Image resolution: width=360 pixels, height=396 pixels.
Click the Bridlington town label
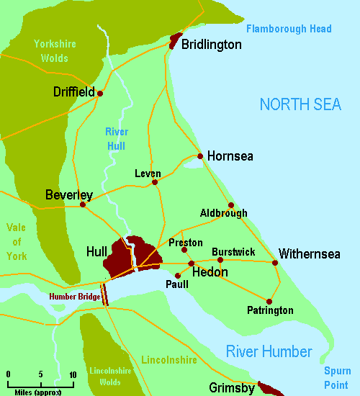pyautogui.click(x=211, y=45)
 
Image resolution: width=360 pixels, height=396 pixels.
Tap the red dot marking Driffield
pyautogui.click(x=100, y=93)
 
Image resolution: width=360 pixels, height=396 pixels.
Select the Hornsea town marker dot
pyautogui.click(x=199, y=156)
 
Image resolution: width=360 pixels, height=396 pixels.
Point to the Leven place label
pyautogui.click(x=148, y=174)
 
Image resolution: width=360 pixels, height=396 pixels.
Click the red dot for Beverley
pyautogui.click(x=83, y=204)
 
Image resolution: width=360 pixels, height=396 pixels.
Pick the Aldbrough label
pyautogui.click(x=224, y=213)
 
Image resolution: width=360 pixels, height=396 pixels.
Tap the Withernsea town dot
pyautogui.click(x=275, y=263)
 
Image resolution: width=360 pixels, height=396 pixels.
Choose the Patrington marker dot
pyautogui.click(x=269, y=301)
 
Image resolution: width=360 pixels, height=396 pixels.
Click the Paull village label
pyautogui.click(x=176, y=284)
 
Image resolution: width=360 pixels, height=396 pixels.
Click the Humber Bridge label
pyautogui.click(x=73, y=297)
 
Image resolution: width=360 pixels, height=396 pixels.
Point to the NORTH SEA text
pyautogui.click(x=300, y=105)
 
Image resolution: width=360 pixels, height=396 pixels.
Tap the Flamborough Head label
pyautogui.click(x=289, y=29)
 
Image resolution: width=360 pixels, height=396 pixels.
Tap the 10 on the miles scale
pyautogui.click(x=73, y=374)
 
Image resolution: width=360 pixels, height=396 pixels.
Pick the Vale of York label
pyautogui.click(x=16, y=241)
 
